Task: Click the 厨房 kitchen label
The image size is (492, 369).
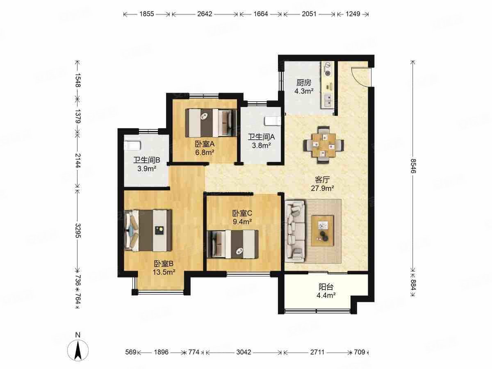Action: pyautogui.click(x=304, y=83)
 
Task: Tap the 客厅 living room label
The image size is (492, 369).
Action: pyautogui.click(x=322, y=180)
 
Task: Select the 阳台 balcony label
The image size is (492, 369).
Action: pyautogui.click(x=326, y=287)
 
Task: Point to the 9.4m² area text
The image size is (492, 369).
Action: pyautogui.click(x=242, y=222)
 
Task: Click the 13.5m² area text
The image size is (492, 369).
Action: pyautogui.click(x=164, y=272)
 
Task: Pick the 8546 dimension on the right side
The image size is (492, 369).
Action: pyautogui.click(x=413, y=166)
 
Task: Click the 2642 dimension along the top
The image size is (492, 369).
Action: pyautogui.click(x=205, y=14)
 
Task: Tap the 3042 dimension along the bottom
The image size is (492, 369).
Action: pyautogui.click(x=244, y=352)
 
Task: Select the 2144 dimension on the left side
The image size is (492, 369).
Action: pyautogui.click(x=78, y=161)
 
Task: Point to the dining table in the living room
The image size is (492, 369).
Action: pyautogui.click(x=324, y=145)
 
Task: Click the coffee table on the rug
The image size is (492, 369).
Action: pyautogui.click(x=323, y=230)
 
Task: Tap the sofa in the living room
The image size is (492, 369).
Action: pyautogui.click(x=295, y=231)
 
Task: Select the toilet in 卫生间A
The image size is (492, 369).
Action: pyautogui.click(x=272, y=121)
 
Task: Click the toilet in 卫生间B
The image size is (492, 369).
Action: pyautogui.click(x=133, y=146)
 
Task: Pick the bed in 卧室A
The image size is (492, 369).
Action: pyautogui.click(x=211, y=123)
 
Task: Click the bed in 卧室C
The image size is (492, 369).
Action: pyautogui.click(x=233, y=244)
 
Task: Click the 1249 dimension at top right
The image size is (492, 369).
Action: pyautogui.click(x=353, y=14)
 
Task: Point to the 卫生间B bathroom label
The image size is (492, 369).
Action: pyautogui.click(x=147, y=160)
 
